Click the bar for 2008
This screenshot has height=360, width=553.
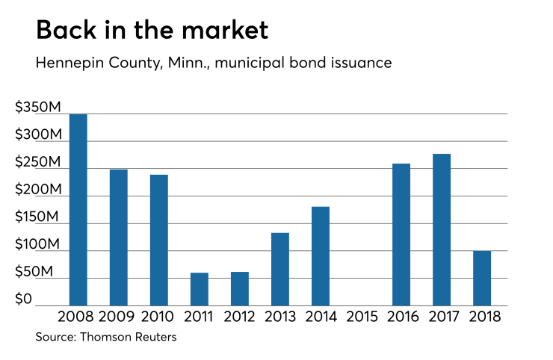78,210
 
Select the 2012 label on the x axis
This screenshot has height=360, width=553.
240,317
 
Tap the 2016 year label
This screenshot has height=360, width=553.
401,317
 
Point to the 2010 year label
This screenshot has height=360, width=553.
159,317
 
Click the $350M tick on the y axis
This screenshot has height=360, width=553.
38,108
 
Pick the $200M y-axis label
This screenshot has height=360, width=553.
38,190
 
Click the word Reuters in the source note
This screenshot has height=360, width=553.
153,338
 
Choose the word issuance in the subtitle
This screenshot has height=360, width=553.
356,63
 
